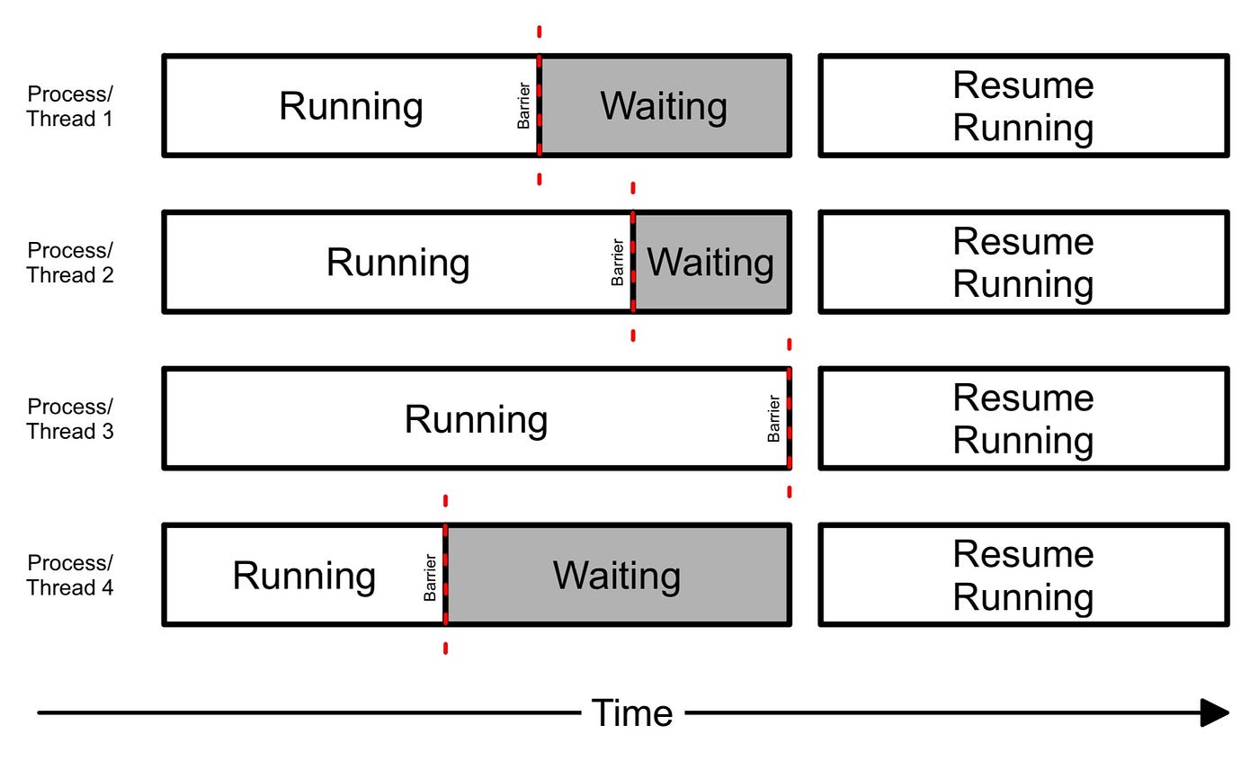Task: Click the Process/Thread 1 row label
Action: point(70,106)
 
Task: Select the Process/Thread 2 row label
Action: point(70,263)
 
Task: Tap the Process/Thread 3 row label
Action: point(70,419)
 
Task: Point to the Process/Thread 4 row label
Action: point(70,576)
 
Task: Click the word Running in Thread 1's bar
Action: point(351,106)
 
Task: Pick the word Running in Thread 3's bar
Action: point(476,419)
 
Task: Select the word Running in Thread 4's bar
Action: point(304,576)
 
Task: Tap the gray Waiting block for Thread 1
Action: point(665,106)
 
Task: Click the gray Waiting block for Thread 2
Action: point(710,263)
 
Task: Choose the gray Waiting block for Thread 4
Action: point(617,576)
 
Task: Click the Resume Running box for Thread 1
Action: point(1023,106)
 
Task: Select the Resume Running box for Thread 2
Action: point(1023,263)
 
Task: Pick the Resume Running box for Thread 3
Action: point(1023,419)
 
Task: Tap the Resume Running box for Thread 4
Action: point(1023,576)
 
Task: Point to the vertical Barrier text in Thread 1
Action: point(523,106)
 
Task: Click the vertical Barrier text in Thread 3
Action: point(773,419)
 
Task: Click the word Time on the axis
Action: point(632,713)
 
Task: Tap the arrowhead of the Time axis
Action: point(1215,713)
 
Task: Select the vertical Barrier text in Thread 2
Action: point(618,263)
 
